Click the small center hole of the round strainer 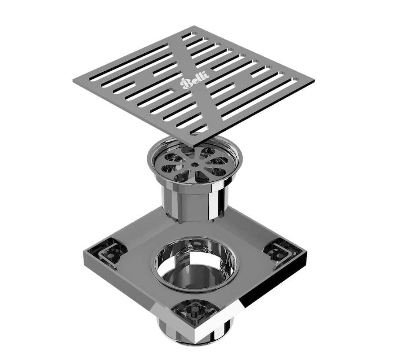pyautogui.click(x=194, y=164)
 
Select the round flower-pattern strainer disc pyautogui.click(x=194, y=165)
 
